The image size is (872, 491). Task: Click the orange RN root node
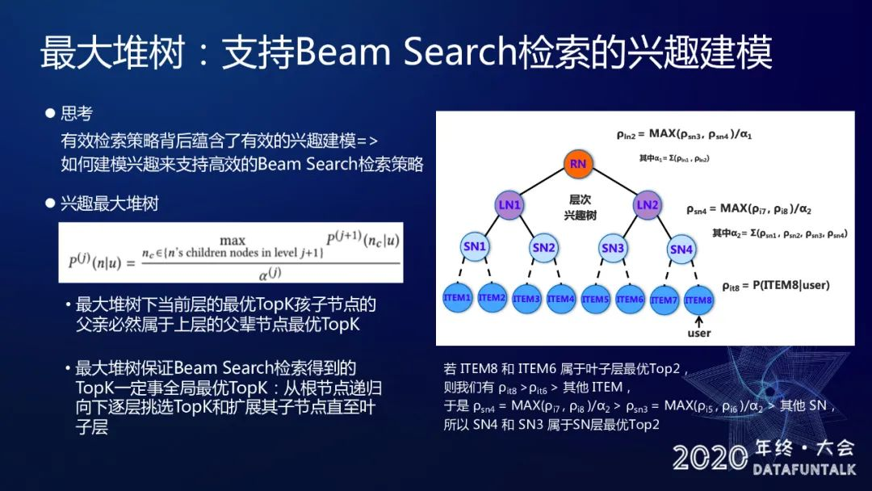577,165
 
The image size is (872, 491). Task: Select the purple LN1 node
509,205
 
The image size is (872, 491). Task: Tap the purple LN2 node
648,205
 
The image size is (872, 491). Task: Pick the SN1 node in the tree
475,247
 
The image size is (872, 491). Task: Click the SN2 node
543,248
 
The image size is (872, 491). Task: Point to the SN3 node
613,248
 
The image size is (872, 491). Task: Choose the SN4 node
681,249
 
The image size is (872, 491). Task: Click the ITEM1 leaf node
457,298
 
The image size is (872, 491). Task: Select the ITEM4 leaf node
560,299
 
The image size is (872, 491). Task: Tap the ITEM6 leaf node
630,299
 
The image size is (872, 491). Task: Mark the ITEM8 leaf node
698,300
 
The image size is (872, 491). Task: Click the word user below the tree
699,333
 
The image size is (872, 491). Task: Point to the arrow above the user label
699,320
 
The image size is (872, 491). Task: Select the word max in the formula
233,240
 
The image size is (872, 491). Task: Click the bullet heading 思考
77,114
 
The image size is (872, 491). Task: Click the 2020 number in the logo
710,457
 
